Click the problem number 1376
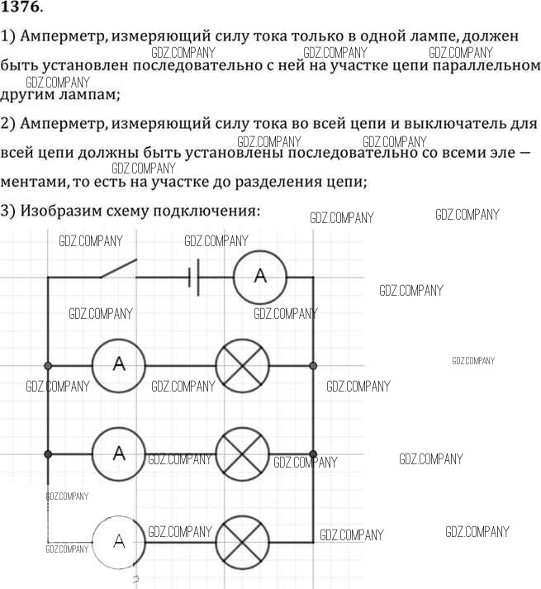pos(23,9)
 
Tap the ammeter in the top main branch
pos(259,277)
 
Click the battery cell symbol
pos(194,277)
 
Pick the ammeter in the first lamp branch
pos(118,364)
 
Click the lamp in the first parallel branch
pos(243,364)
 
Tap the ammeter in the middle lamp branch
pos(118,453)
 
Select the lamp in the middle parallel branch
pos(243,453)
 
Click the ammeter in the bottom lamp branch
pos(118,542)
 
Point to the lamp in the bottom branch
pos(243,542)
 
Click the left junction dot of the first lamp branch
pos(48,364)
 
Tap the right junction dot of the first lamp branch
pos(313,364)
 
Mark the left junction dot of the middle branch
pos(48,453)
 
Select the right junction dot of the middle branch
pos(313,453)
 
